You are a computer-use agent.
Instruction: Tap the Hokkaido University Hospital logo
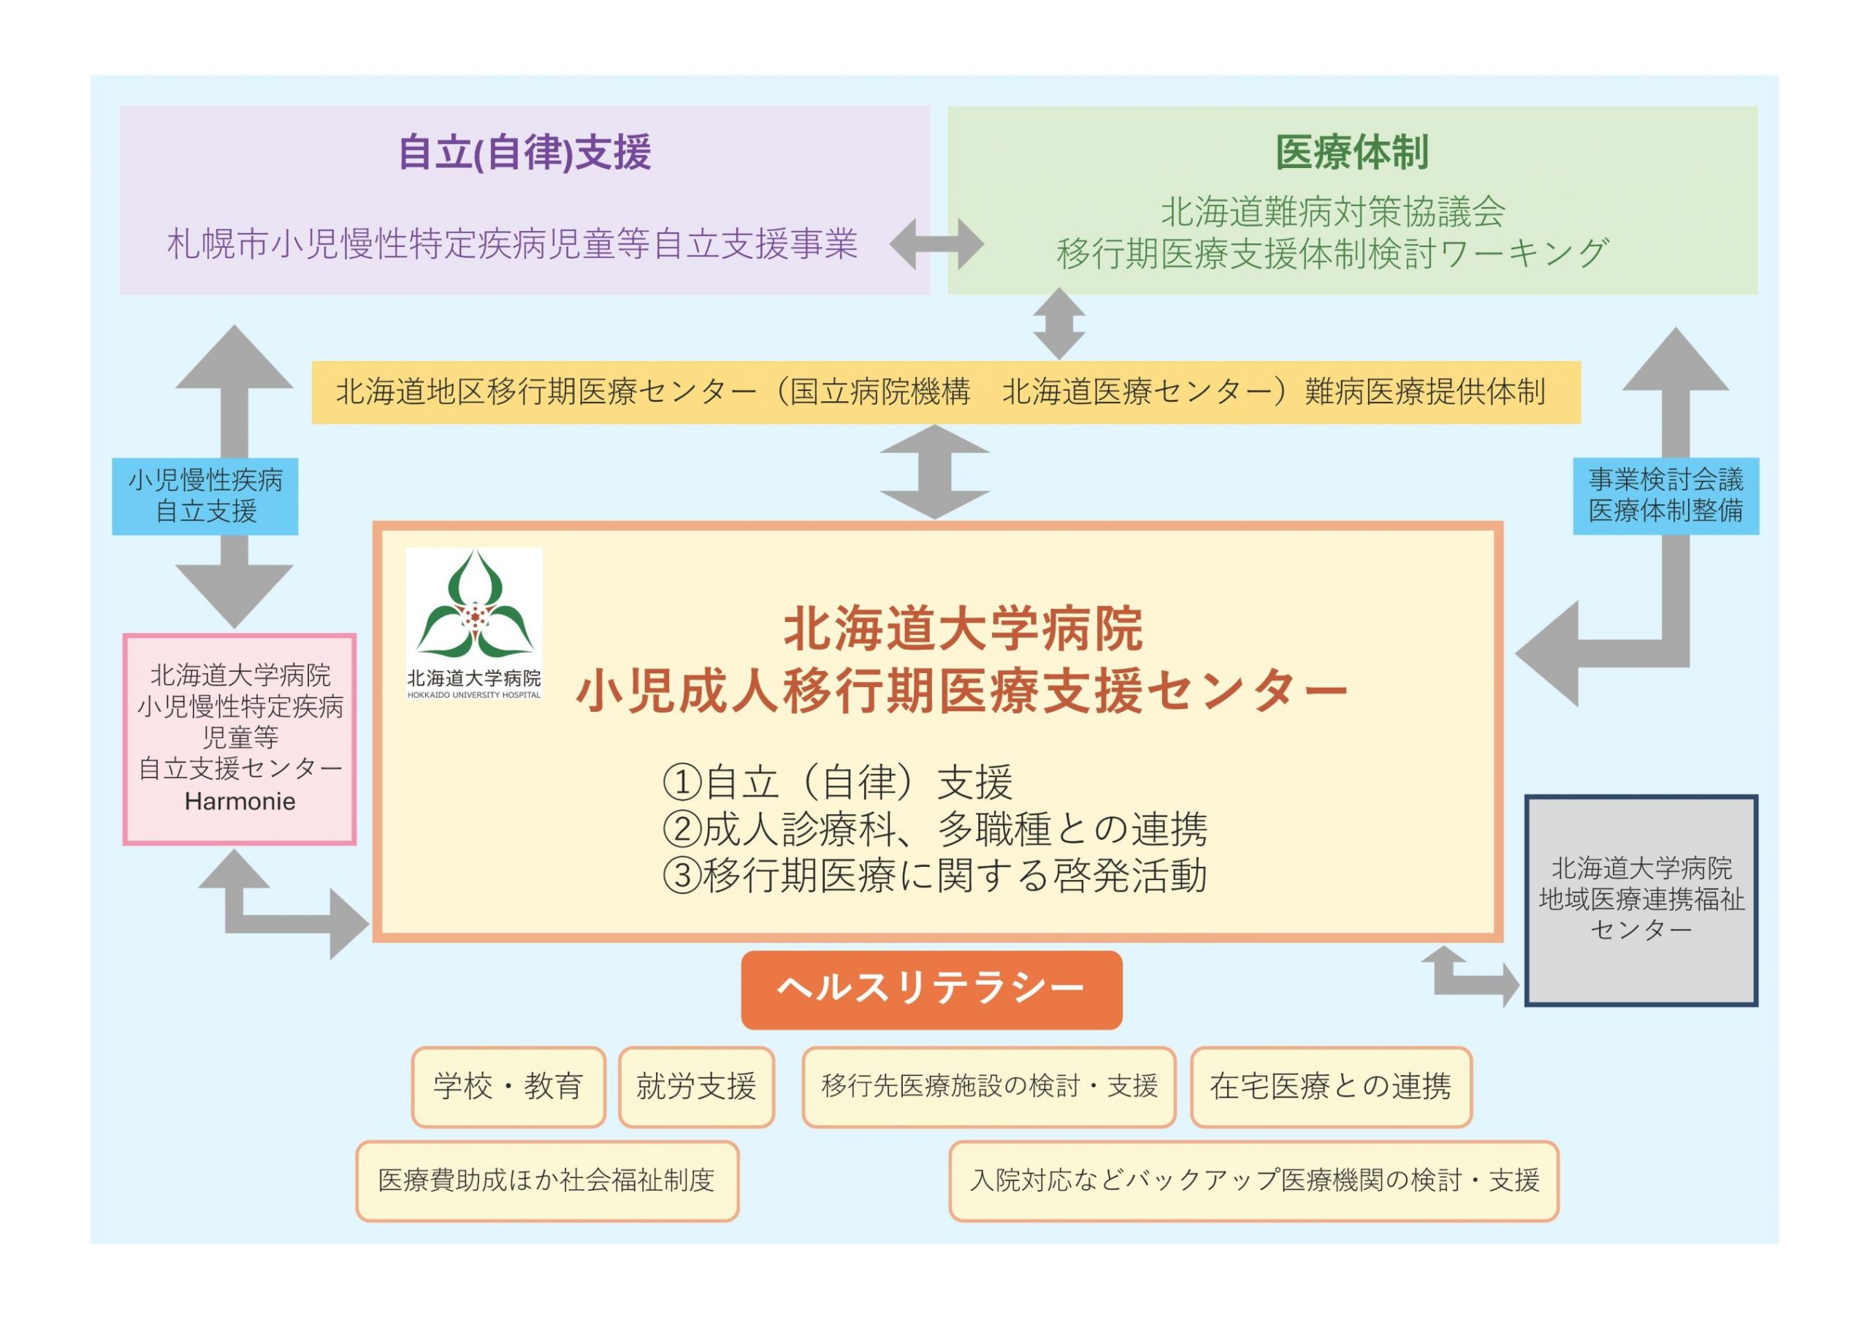474,623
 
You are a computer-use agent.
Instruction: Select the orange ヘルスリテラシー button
931,989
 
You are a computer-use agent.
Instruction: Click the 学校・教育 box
508,1087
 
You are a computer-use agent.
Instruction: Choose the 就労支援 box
696,1087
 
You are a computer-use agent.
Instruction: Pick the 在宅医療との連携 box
1331,1087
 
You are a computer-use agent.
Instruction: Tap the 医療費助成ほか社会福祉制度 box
546,1180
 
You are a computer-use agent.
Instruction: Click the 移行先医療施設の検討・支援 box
989,1087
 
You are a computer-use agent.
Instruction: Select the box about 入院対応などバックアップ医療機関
1253,1180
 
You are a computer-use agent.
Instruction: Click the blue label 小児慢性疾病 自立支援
205,496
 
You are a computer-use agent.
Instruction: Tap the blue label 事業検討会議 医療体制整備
1665,496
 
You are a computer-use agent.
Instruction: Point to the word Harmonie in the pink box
240,802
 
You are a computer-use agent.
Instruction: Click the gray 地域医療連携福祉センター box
1641,900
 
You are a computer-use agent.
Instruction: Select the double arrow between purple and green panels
936,243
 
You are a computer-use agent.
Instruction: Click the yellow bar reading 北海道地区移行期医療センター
944,392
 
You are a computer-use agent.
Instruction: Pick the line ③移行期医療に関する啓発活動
934,876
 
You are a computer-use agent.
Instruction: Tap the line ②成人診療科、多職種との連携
934,829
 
